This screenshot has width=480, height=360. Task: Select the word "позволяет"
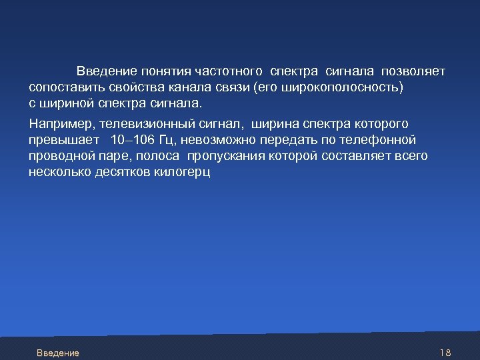click(417, 71)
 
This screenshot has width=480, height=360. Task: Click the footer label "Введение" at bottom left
click(58, 353)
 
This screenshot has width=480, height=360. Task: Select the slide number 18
click(446, 353)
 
